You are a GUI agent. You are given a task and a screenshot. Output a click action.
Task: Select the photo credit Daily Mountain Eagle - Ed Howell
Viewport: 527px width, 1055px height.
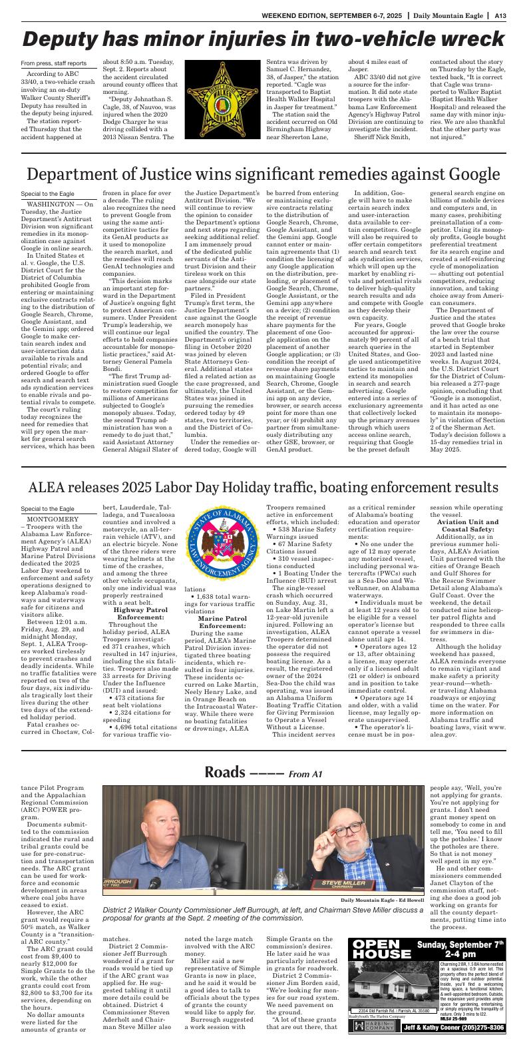tap(382, 900)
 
